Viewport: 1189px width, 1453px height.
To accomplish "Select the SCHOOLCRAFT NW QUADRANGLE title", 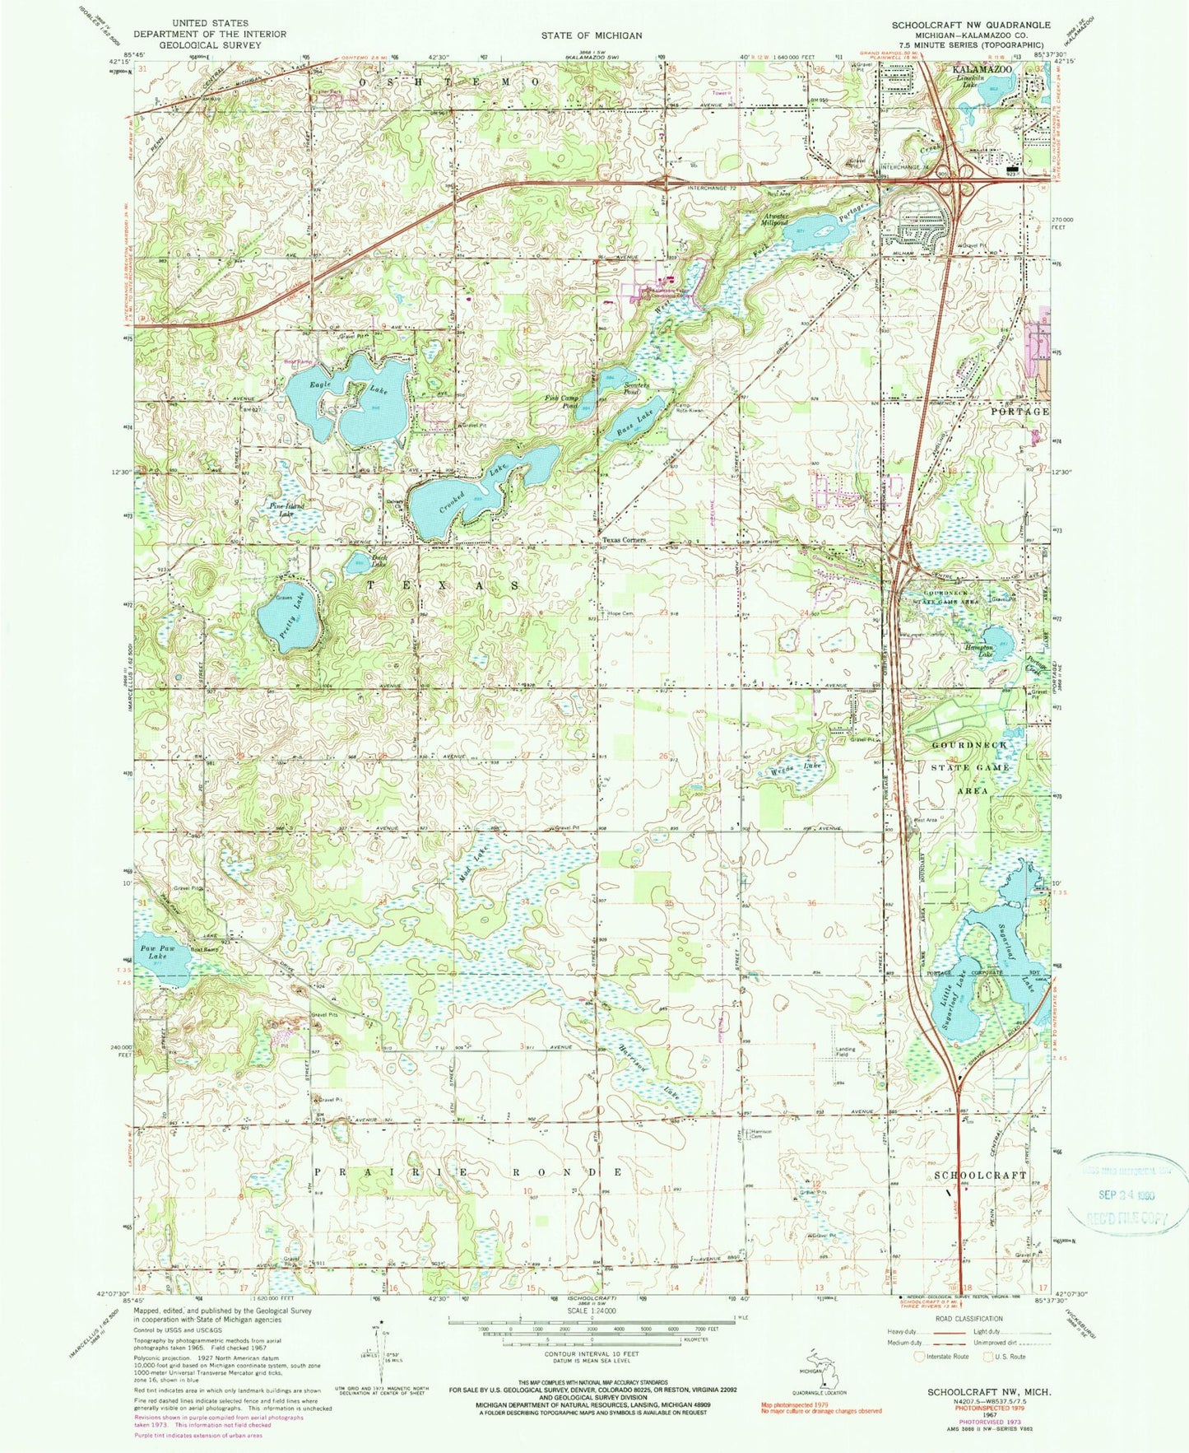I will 971,26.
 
